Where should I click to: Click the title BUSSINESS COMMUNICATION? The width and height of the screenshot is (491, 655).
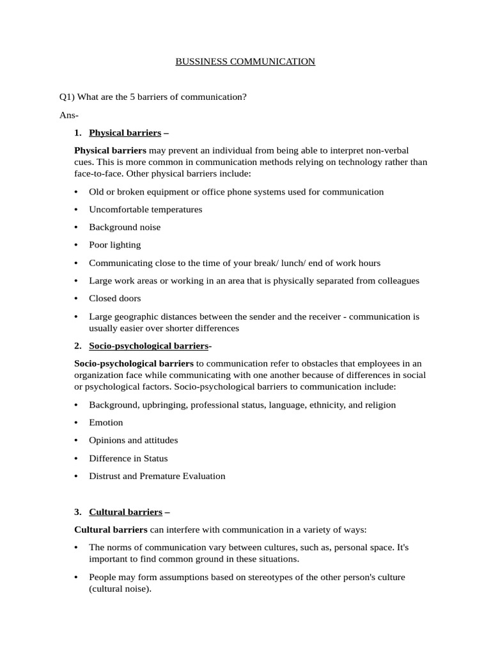click(x=245, y=61)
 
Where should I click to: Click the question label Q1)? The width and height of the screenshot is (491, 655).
click(x=66, y=97)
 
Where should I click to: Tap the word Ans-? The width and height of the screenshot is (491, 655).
click(x=69, y=115)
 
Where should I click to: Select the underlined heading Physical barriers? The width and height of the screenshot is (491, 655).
click(x=125, y=133)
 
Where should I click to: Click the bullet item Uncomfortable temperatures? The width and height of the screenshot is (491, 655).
click(x=145, y=209)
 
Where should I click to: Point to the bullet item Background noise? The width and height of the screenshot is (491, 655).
click(x=125, y=227)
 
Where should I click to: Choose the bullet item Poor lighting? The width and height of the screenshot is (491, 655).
click(x=115, y=245)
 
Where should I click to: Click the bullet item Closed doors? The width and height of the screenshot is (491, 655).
click(x=115, y=298)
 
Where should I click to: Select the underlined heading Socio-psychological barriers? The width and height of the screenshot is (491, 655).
click(x=148, y=346)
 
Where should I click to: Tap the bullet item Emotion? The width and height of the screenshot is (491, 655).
click(x=106, y=423)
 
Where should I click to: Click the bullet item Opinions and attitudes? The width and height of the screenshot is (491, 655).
click(x=133, y=441)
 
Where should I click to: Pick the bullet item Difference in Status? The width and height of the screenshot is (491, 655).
click(x=129, y=459)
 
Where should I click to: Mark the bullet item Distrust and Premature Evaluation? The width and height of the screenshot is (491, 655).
click(x=157, y=476)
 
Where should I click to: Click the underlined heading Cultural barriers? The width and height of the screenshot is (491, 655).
click(x=125, y=512)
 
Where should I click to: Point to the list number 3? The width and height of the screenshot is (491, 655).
click(x=77, y=512)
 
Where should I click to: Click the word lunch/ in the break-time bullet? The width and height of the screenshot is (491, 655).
click(x=300, y=263)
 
